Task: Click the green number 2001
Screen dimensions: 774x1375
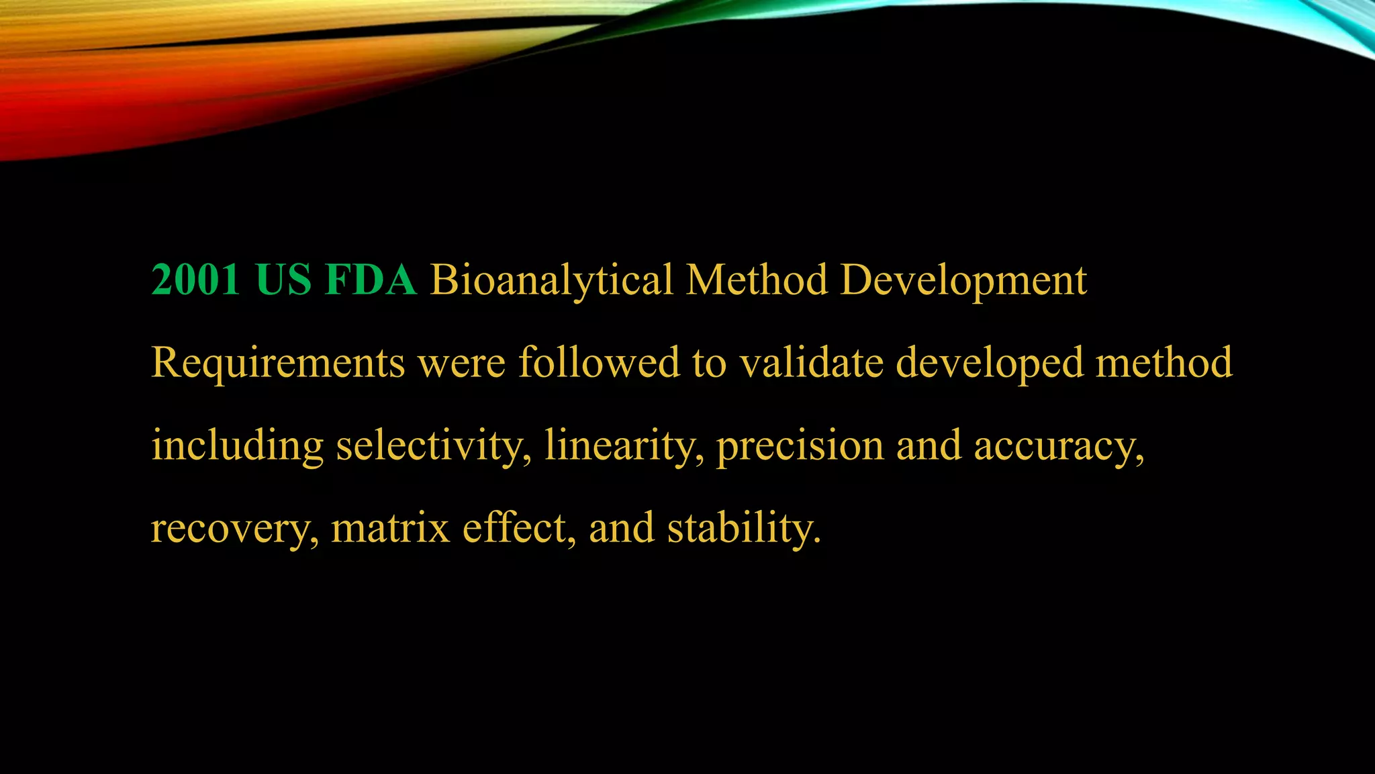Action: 195,279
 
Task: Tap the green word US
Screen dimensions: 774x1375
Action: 283,279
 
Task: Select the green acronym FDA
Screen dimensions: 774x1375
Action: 371,279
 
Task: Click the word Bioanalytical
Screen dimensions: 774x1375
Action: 551,281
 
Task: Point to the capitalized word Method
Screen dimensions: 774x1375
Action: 757,279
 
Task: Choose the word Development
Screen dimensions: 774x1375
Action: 963,281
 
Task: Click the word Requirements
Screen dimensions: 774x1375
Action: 278,363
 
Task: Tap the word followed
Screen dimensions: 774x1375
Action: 599,362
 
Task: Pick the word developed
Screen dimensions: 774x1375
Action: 990,363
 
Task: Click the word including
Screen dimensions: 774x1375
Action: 237,446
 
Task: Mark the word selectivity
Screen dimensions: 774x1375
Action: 430,446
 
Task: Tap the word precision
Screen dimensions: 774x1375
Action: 800,446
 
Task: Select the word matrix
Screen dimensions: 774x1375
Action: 390,527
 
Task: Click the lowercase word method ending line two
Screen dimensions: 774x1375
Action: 1164,362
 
